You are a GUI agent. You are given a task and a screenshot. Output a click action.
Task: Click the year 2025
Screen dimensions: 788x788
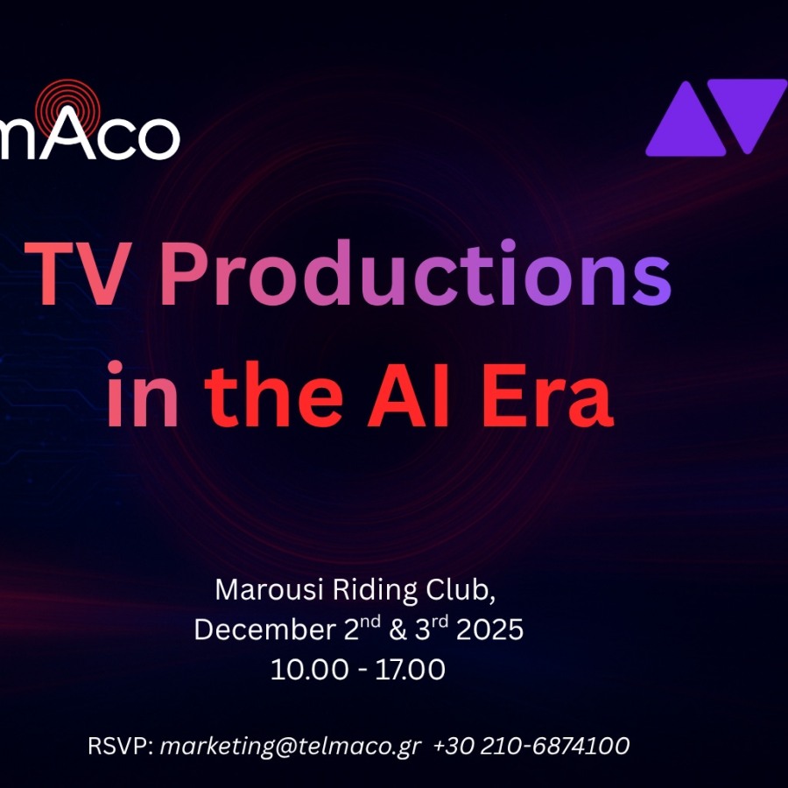[485, 630]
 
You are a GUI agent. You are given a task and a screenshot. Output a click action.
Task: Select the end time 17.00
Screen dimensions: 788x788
[411, 670]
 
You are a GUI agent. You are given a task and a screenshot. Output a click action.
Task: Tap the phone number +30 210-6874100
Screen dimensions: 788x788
[531, 747]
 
